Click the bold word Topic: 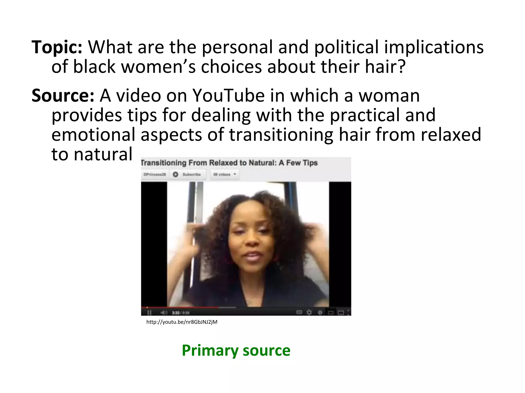coord(57,48)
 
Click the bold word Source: coord(63,95)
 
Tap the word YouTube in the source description coord(228,95)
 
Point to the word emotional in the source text coord(93,135)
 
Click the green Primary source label coord(236,350)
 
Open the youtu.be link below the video coord(182,322)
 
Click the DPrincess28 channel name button coord(155,174)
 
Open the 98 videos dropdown coord(225,174)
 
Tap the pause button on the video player coord(149,313)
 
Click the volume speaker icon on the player coord(164,313)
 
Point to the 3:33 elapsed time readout coord(176,313)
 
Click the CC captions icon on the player coord(299,312)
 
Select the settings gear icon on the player coord(309,312)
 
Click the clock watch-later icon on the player coord(320,312)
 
